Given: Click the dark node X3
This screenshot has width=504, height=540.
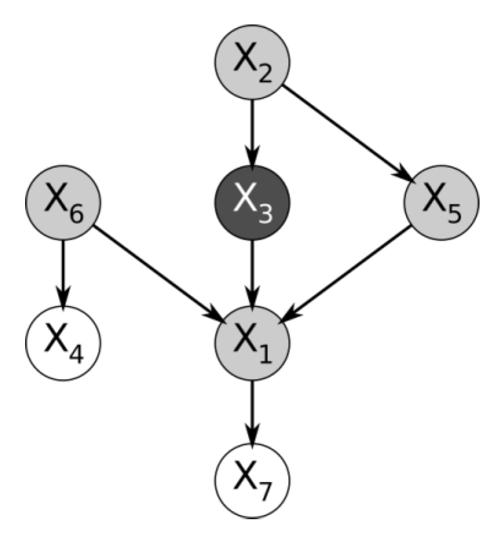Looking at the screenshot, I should pyautogui.click(x=252, y=201).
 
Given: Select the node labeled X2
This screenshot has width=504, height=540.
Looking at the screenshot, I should pyautogui.click(x=252, y=63).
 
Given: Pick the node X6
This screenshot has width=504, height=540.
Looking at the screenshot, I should pyautogui.click(x=63, y=201).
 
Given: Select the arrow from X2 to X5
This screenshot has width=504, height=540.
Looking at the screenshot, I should pyautogui.click(x=346, y=131).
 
